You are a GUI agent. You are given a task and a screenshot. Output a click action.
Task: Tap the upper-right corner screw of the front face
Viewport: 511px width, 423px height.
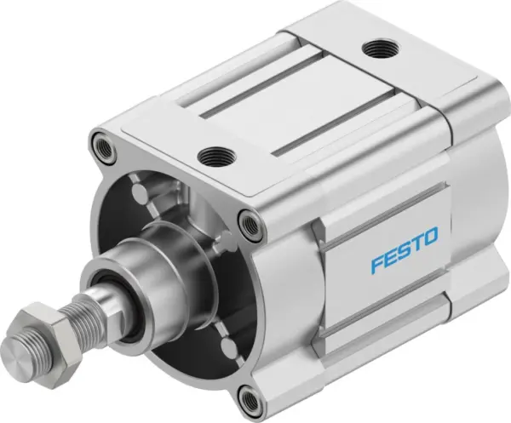(249, 225)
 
